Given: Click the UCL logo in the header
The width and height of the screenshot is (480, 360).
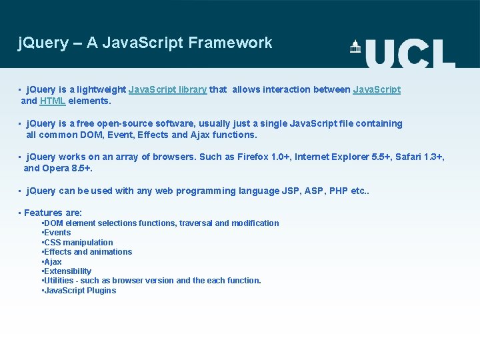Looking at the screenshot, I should (403, 53).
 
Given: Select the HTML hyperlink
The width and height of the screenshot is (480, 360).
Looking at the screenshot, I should (52, 101).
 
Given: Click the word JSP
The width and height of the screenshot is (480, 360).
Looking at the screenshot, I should (291, 191).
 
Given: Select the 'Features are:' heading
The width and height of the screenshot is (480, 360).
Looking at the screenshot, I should (53, 213).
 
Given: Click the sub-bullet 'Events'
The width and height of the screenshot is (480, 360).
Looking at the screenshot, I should (57, 233).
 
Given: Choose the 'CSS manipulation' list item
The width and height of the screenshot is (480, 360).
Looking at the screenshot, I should (78, 243).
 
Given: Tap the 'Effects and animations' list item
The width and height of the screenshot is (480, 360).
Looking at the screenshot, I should (88, 252).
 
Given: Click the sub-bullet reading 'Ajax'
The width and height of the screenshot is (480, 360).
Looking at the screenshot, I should (53, 262).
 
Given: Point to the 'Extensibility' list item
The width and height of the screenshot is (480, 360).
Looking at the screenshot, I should (67, 271).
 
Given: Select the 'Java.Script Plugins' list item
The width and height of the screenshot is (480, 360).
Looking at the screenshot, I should (80, 291).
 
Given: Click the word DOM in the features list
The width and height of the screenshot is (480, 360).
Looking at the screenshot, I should (53, 223).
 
